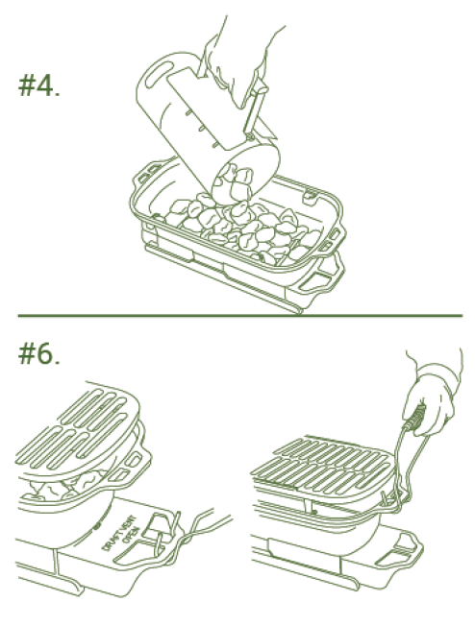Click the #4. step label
[39, 85]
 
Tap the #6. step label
[39, 353]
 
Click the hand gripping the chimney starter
[236, 66]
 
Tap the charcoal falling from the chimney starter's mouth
[236, 183]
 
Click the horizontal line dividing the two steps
[239, 315]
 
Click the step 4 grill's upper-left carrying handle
[148, 171]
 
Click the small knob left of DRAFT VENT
[97, 526]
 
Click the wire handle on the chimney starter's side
[255, 106]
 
